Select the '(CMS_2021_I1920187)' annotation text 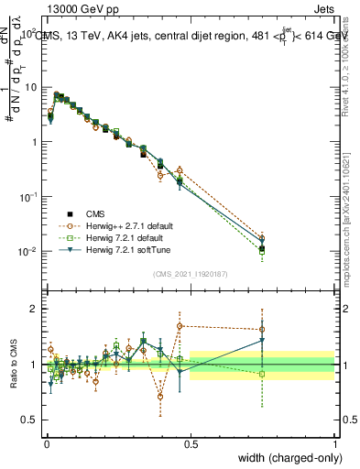190,273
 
